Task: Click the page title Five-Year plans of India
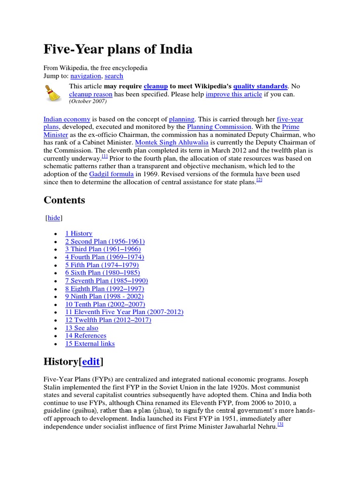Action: [x=118, y=49]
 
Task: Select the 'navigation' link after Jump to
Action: [x=85, y=76]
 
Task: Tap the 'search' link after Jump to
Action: [x=114, y=76]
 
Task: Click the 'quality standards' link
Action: [x=260, y=86]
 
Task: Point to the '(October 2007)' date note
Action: [x=88, y=101]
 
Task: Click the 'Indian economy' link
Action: [x=67, y=120]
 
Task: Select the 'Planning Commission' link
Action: [x=219, y=127]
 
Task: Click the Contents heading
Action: [x=64, y=200]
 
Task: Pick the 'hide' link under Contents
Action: [x=54, y=218]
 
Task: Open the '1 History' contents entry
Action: [x=79, y=233]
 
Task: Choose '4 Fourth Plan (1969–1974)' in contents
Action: [x=105, y=257]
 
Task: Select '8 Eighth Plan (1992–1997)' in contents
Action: [x=105, y=288]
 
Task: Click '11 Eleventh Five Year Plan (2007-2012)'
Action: [x=124, y=312]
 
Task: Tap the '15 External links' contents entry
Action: [x=90, y=344]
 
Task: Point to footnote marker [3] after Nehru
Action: [x=281, y=424]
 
